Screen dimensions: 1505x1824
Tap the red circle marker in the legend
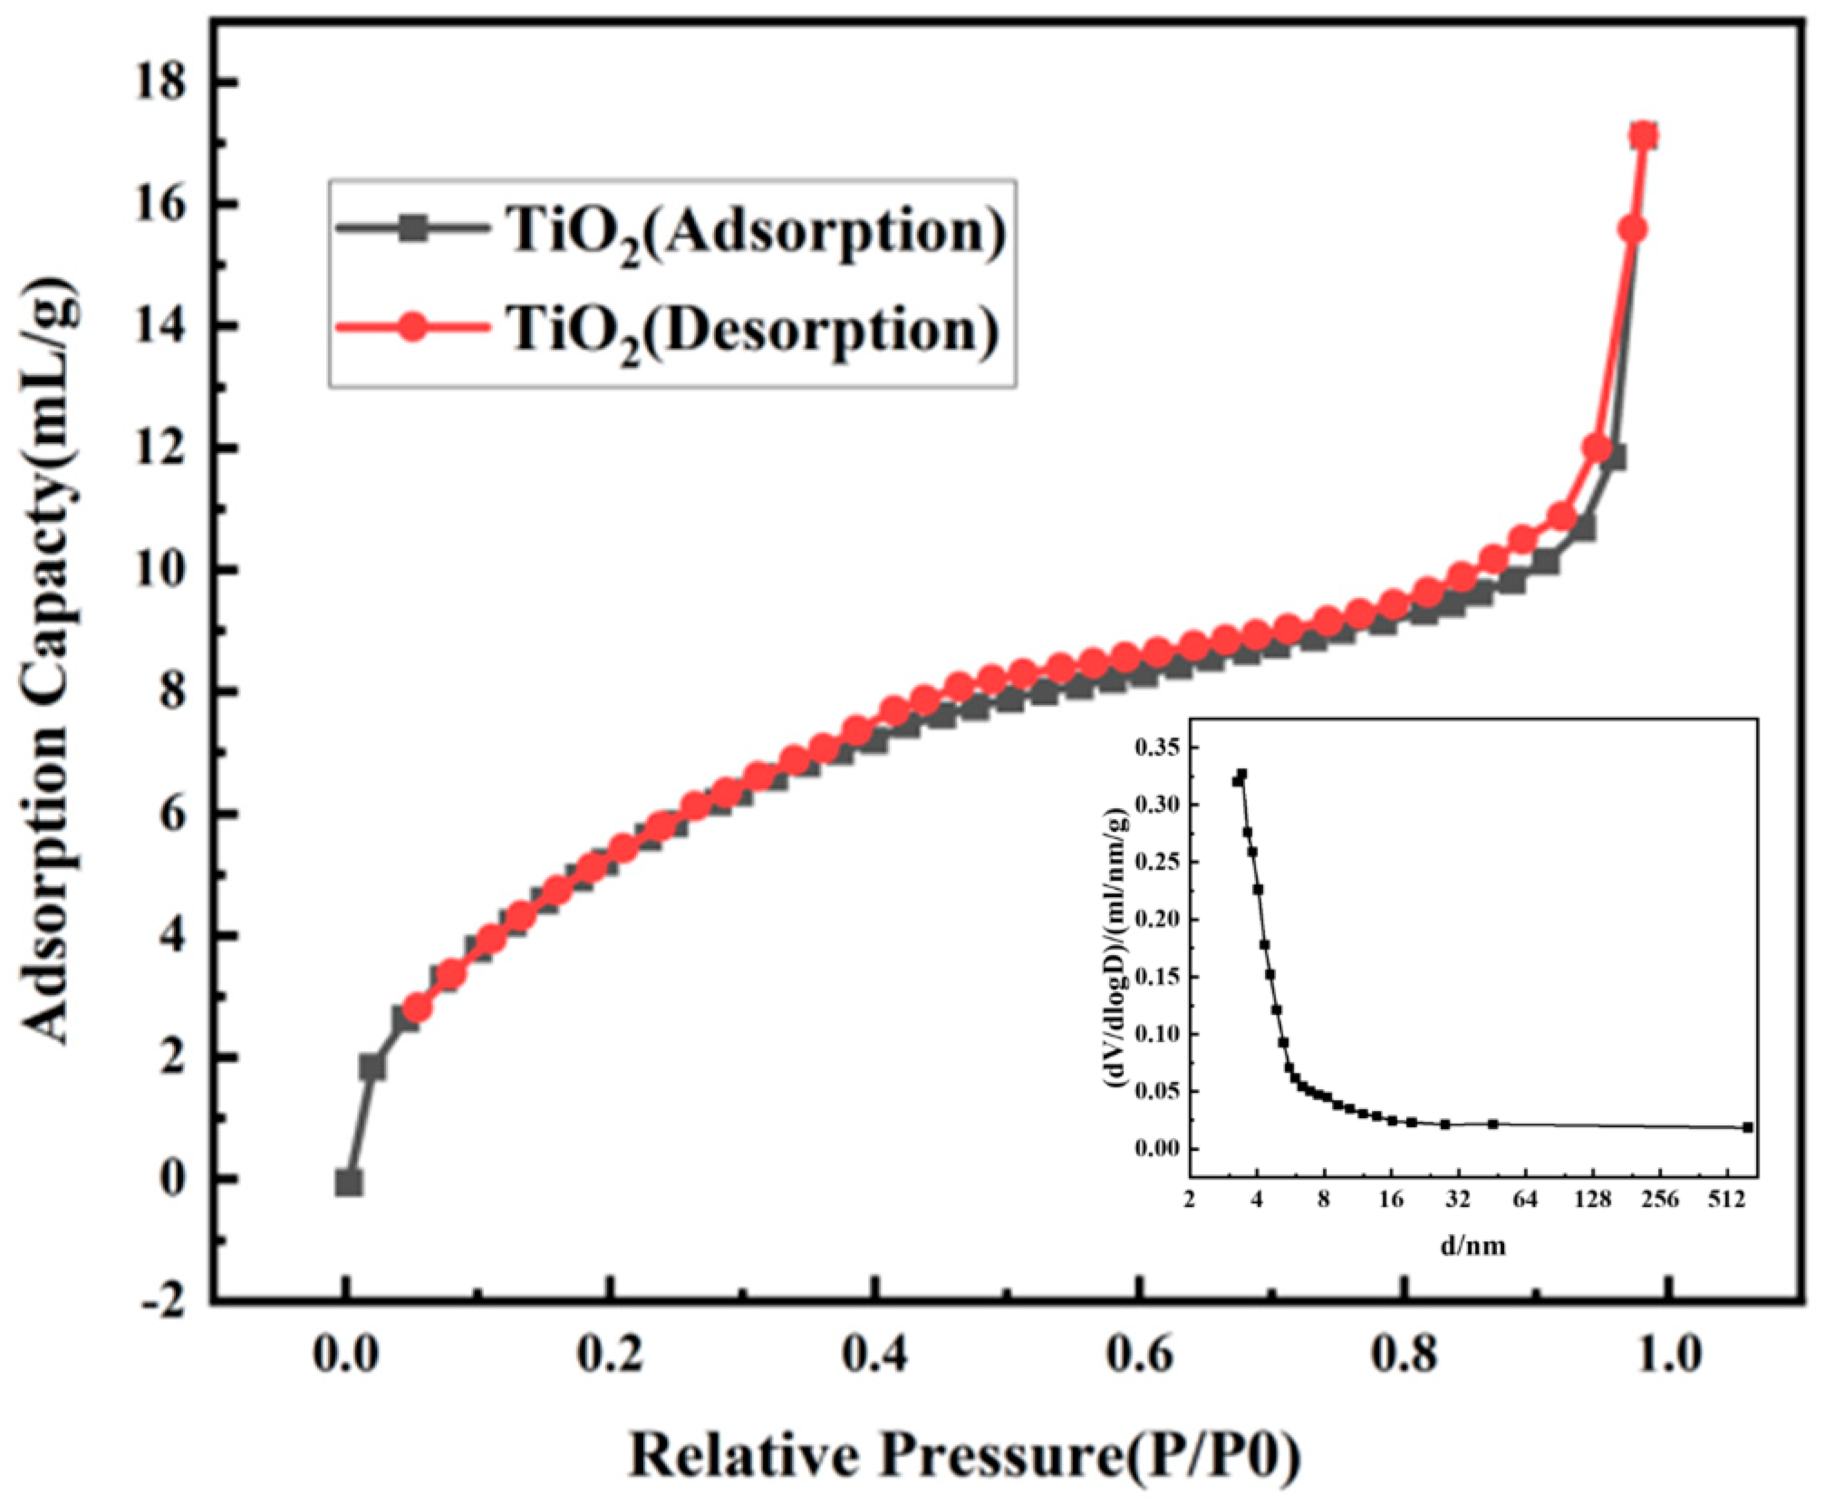click(x=413, y=326)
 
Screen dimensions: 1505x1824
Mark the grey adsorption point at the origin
click(x=349, y=1182)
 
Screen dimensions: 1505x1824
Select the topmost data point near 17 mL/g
click(x=1643, y=137)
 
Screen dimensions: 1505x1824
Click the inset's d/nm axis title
click(x=1472, y=1246)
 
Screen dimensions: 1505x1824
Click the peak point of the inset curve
click(x=1241, y=775)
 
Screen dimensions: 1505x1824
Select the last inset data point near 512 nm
click(x=1748, y=1127)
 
